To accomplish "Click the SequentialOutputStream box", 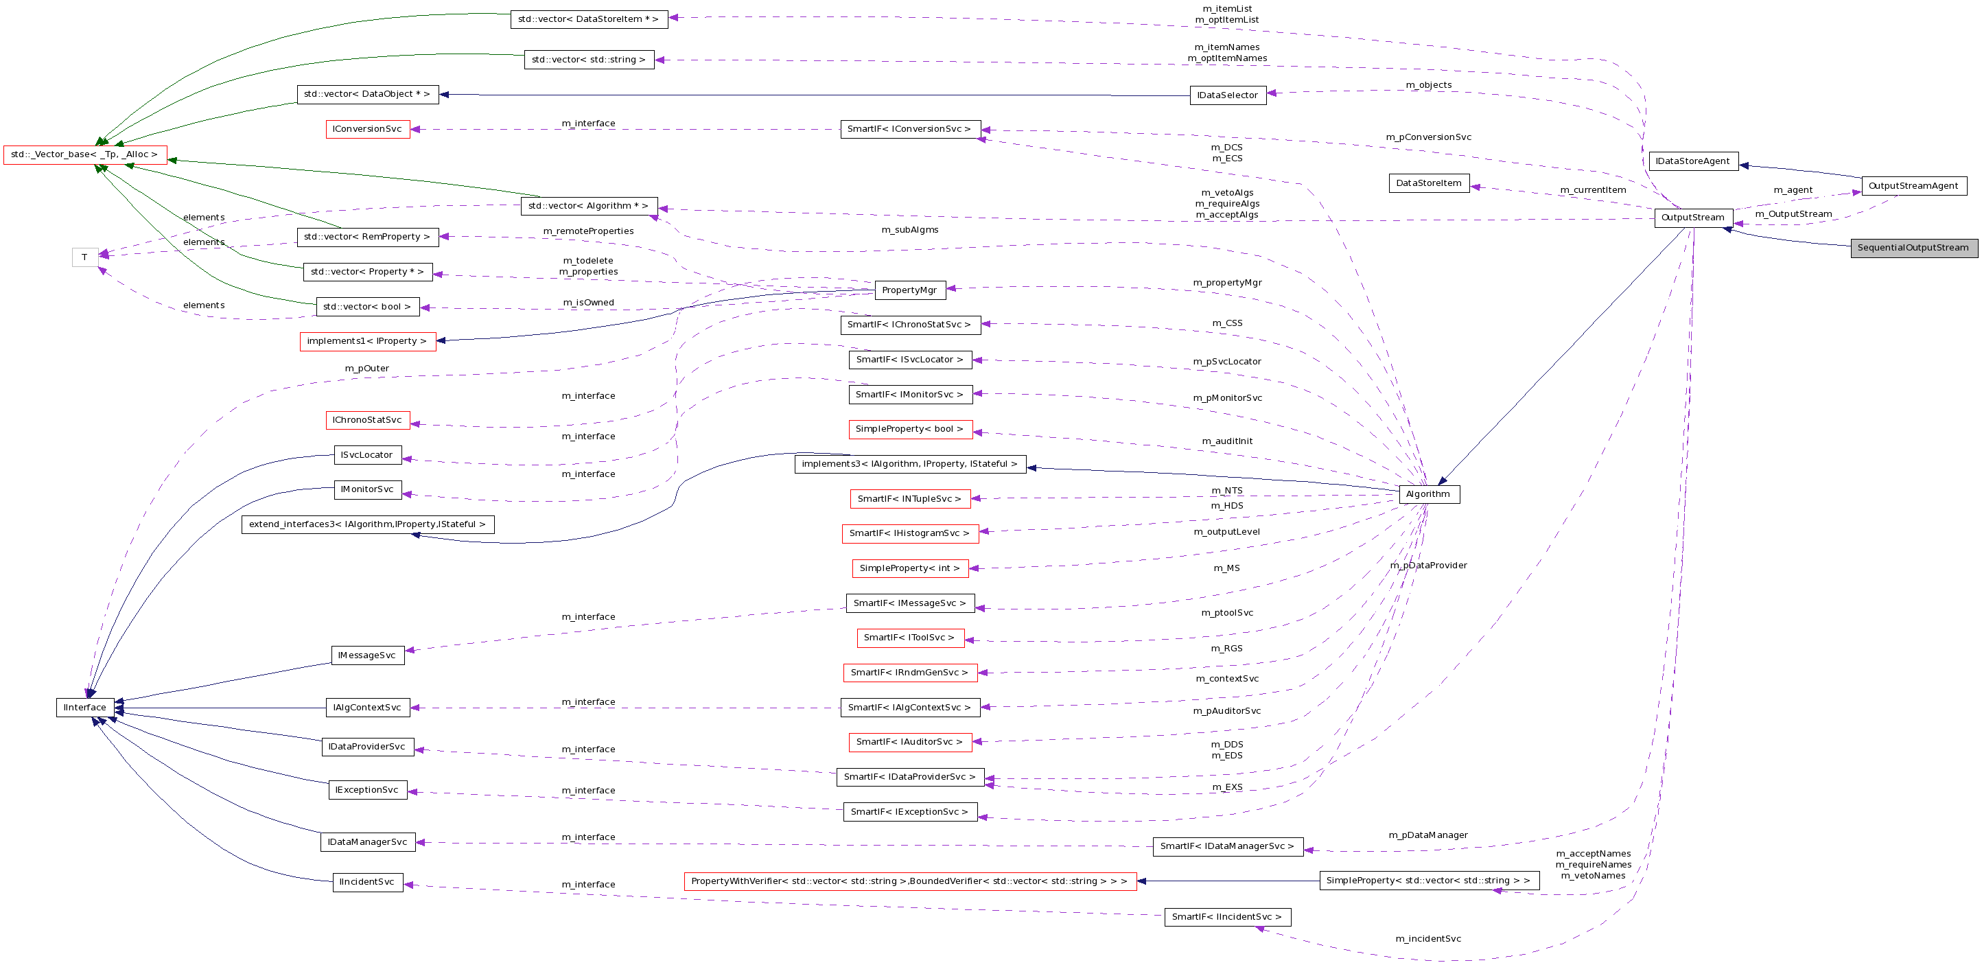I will [1913, 248].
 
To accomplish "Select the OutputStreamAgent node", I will [1913, 185].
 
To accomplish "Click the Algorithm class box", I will [1429, 494].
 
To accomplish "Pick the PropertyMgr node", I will [909, 290].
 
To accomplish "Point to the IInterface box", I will [85, 707].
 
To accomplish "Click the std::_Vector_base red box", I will [84, 154].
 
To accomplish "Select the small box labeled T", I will [84, 257].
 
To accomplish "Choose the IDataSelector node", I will [1228, 95].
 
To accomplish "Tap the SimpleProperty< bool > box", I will [909, 429].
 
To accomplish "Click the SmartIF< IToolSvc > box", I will [909, 637].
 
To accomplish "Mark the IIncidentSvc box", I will [367, 882].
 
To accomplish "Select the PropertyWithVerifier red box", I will [909, 881].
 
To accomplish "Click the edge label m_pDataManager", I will [1428, 835].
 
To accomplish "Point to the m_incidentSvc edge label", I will [1428, 939].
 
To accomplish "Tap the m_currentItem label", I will [1593, 190].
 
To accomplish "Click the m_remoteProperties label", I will [589, 231].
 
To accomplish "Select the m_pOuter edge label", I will [367, 369].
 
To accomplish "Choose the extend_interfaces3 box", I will [368, 524].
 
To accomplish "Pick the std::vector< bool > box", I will [368, 306].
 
